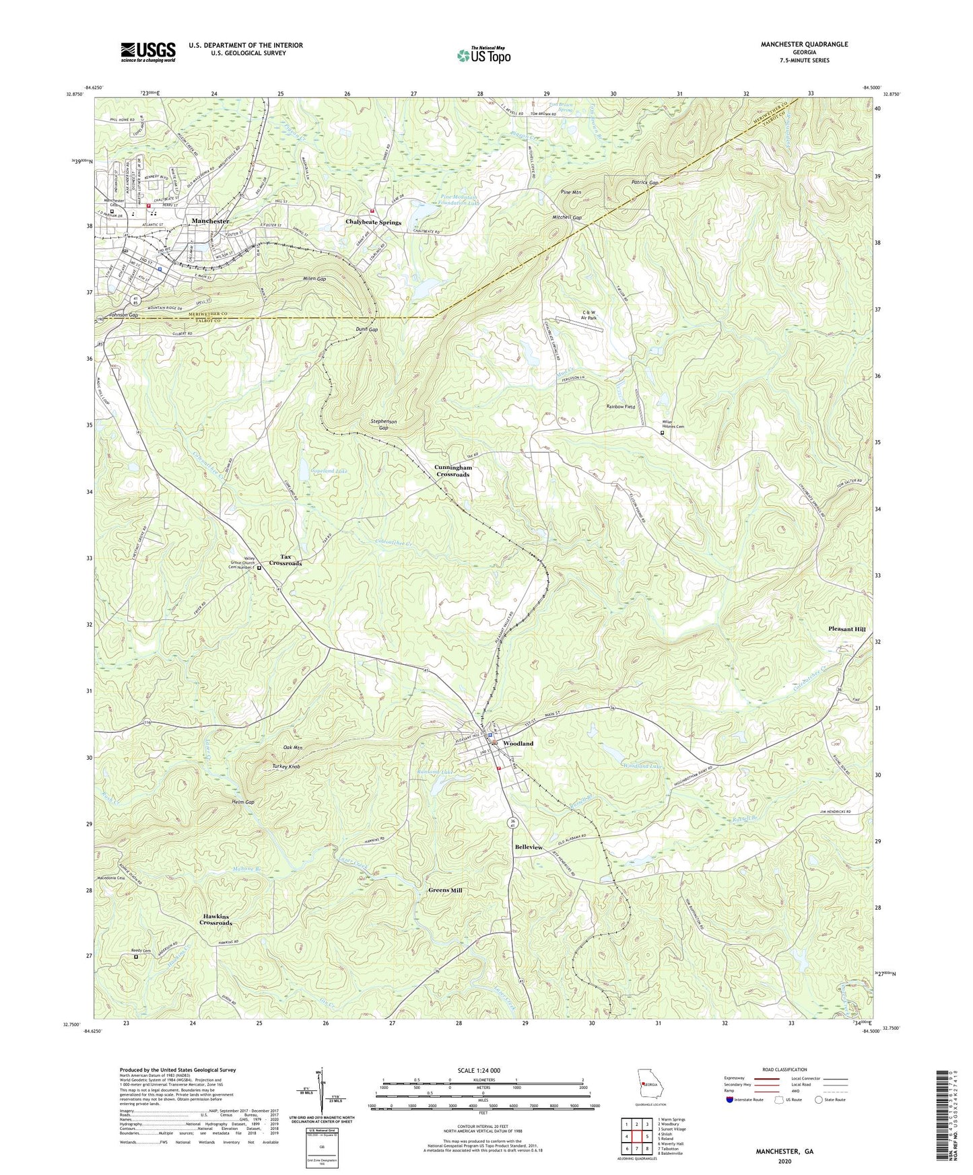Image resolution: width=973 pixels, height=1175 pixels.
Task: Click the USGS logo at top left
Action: click(148, 51)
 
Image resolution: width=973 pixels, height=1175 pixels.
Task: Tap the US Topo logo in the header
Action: click(483, 56)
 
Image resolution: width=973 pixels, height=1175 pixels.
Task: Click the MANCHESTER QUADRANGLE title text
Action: click(804, 44)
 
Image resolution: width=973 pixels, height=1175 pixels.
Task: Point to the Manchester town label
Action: click(210, 221)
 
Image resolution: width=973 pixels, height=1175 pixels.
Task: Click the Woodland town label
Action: click(518, 744)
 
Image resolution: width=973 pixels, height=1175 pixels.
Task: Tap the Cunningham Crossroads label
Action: click(452, 470)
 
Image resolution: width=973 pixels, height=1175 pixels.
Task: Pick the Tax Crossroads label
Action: click(286, 560)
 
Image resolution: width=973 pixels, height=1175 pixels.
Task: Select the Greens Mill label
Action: click(445, 890)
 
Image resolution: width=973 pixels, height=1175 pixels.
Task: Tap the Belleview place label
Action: click(529, 847)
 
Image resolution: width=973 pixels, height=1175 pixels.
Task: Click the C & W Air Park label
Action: click(589, 315)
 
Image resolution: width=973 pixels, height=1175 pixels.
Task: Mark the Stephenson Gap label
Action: click(383, 424)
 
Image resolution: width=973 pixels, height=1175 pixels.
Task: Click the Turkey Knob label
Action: click(286, 767)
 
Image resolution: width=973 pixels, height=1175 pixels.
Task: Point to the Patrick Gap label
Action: click(644, 182)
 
